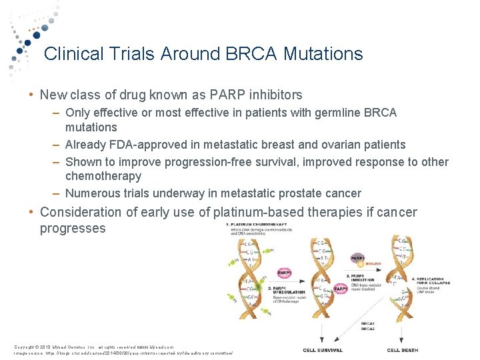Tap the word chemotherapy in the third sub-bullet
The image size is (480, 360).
pyautogui.click(x=103, y=176)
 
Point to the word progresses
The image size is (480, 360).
pyautogui.click(x=73, y=228)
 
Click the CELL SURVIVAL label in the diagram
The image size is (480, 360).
pyautogui.click(x=323, y=350)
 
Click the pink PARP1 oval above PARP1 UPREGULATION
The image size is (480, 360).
pyautogui.click(x=284, y=273)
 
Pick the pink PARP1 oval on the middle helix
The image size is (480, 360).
pyautogui.click(x=341, y=289)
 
